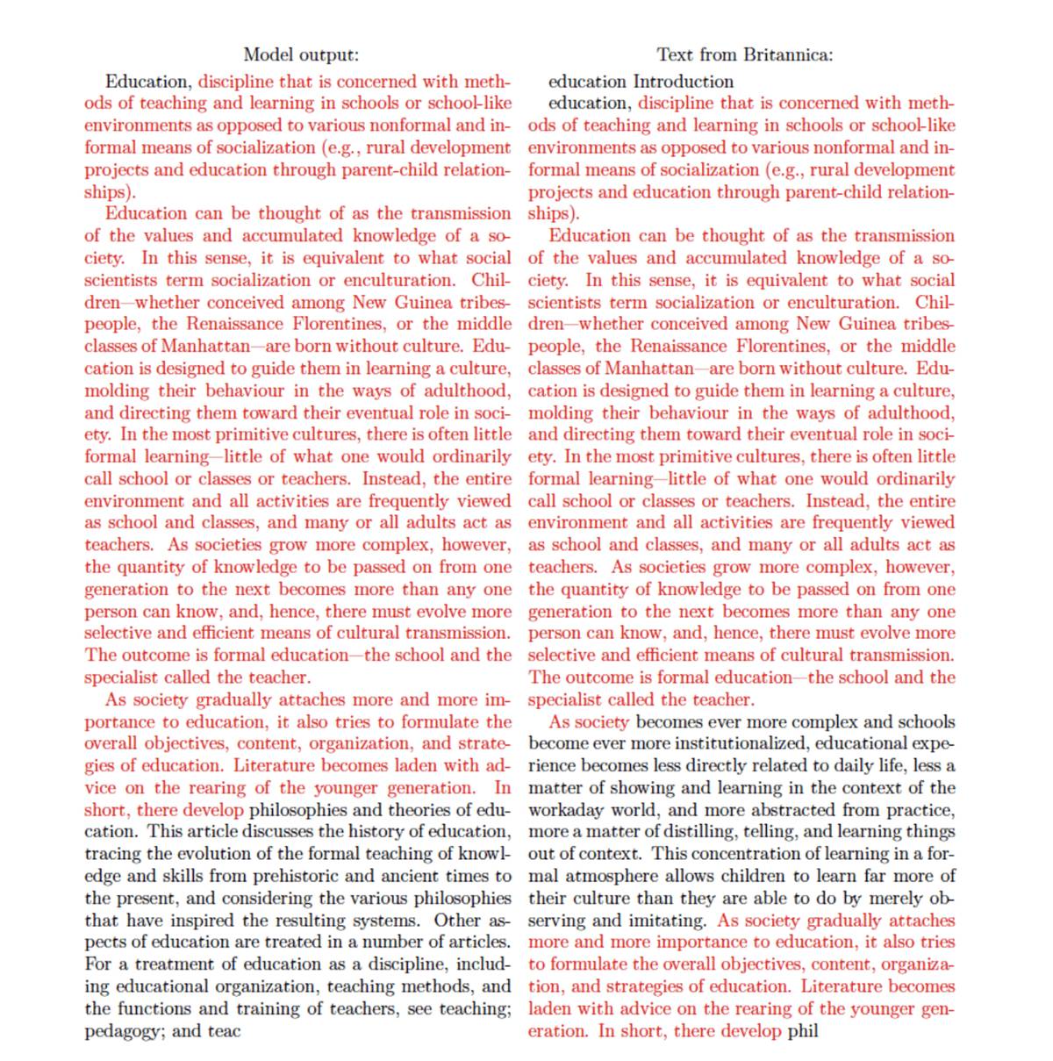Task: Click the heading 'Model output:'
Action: [301, 54]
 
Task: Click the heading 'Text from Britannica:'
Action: [745, 54]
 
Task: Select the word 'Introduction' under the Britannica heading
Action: [684, 82]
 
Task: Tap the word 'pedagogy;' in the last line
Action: [124, 1030]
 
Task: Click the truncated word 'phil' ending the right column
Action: [803, 1030]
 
